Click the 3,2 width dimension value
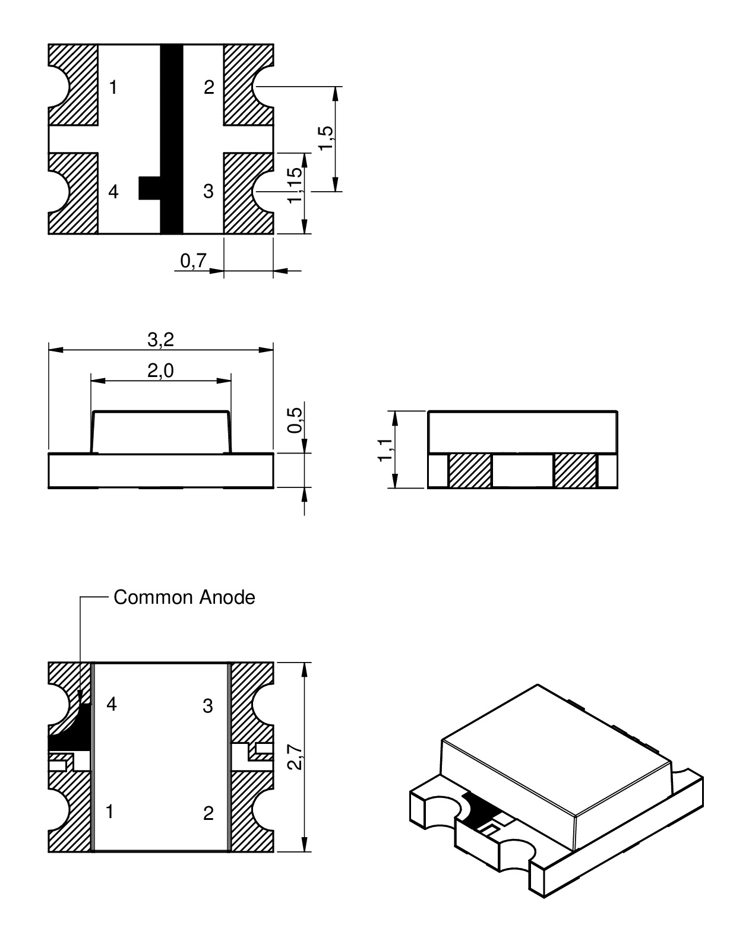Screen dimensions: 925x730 (x=160, y=340)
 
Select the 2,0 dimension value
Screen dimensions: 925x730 (x=160, y=371)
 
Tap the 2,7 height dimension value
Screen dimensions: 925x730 (x=295, y=756)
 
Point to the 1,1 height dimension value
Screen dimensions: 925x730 (x=385, y=449)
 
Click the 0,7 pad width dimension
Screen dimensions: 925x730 (x=192, y=260)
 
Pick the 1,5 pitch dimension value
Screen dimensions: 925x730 (x=326, y=139)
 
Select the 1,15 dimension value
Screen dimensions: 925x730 (x=295, y=185)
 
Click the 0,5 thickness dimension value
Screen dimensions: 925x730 (x=295, y=420)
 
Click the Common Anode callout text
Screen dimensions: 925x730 (x=184, y=597)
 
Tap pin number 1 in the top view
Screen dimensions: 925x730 (x=113, y=88)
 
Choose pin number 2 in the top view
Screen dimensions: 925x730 (x=208, y=88)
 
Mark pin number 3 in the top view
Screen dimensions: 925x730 (x=208, y=192)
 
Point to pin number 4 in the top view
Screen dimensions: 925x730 (x=113, y=192)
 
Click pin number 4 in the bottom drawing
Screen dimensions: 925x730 (x=111, y=705)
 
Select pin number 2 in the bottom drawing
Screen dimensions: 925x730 (x=208, y=813)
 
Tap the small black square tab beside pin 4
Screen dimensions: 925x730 (x=149, y=188)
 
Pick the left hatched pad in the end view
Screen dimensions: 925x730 (x=470, y=471)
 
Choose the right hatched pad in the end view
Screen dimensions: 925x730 (x=575, y=471)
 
